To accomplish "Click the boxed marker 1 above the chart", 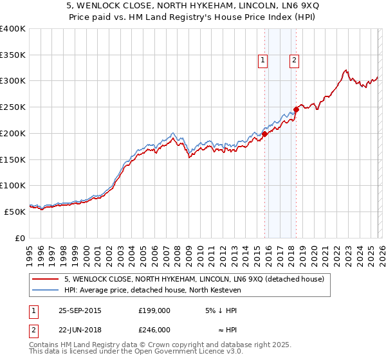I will (263, 61).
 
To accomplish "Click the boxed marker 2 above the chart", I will (294, 61).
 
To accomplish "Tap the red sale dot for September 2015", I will (264, 134).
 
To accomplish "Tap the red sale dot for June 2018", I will (296, 109).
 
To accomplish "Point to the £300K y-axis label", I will (13, 81).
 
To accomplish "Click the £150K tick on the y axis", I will (13, 159).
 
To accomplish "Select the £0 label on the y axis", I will (21, 238).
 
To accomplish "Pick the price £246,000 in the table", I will (154, 329).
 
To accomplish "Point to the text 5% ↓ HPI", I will (221, 310).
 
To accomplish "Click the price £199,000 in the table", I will (154, 310).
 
